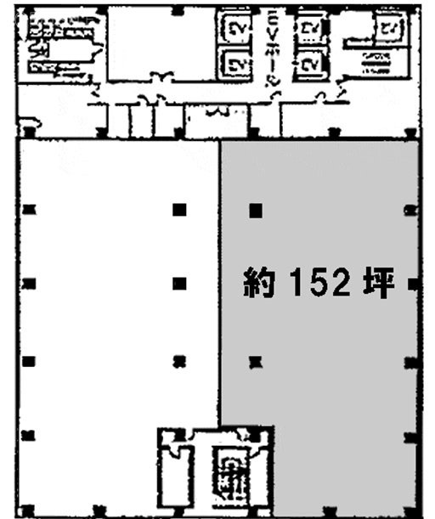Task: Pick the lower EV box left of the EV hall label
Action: (x=235, y=63)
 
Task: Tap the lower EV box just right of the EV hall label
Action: (x=310, y=63)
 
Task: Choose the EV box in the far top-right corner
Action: (x=389, y=30)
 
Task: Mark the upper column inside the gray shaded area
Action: (x=254, y=209)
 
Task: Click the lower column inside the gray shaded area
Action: (x=253, y=363)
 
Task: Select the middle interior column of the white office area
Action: (x=178, y=284)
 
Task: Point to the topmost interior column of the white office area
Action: (x=178, y=209)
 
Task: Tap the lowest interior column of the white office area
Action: (x=178, y=363)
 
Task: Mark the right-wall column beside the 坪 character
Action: (x=413, y=284)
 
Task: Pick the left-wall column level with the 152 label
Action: (x=29, y=284)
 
